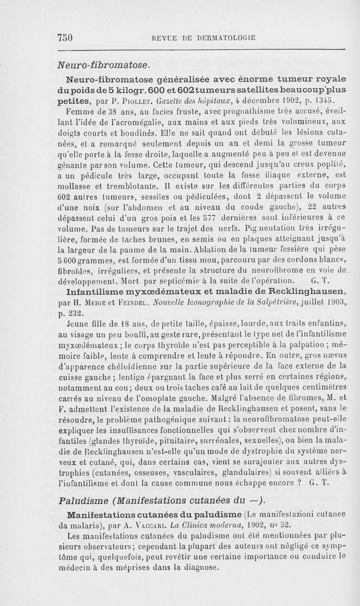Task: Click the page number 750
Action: tap(66, 37)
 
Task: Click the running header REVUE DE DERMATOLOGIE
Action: tap(204, 38)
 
